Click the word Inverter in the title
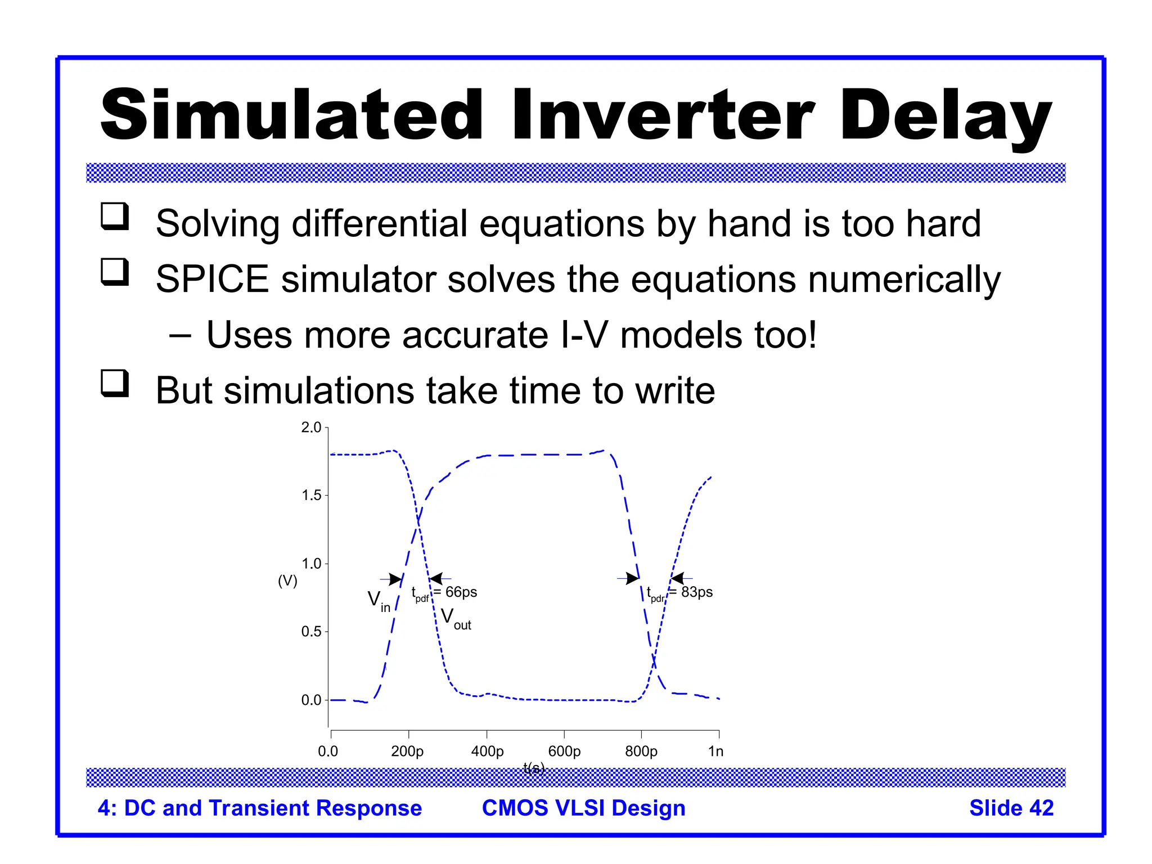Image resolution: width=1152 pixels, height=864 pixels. click(x=663, y=115)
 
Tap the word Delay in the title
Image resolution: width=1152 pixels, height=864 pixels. click(x=945, y=115)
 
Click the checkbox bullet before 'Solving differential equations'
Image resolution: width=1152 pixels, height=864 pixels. click(x=115, y=217)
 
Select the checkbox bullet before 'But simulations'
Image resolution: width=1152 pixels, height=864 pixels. click(x=115, y=383)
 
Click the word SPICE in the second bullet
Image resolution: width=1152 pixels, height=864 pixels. click(x=212, y=280)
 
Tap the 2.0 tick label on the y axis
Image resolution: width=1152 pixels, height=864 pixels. click(x=311, y=427)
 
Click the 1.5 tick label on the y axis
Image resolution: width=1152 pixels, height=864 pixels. click(x=311, y=496)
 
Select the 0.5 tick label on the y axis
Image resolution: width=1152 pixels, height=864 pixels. click(x=311, y=632)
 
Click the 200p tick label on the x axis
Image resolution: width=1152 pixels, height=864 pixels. click(x=407, y=751)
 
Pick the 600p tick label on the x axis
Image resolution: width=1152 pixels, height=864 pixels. click(x=564, y=751)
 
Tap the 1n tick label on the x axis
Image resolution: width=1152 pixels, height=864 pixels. click(x=715, y=751)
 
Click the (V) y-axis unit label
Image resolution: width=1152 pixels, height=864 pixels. click(x=287, y=580)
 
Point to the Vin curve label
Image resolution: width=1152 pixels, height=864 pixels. click(x=379, y=601)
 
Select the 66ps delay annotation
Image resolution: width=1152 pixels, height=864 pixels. click(x=460, y=592)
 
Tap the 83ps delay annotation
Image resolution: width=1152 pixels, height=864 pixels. click(x=696, y=592)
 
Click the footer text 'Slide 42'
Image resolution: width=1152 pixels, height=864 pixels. click(x=1011, y=808)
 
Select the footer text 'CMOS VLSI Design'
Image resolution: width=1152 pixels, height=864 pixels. click(x=583, y=808)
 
